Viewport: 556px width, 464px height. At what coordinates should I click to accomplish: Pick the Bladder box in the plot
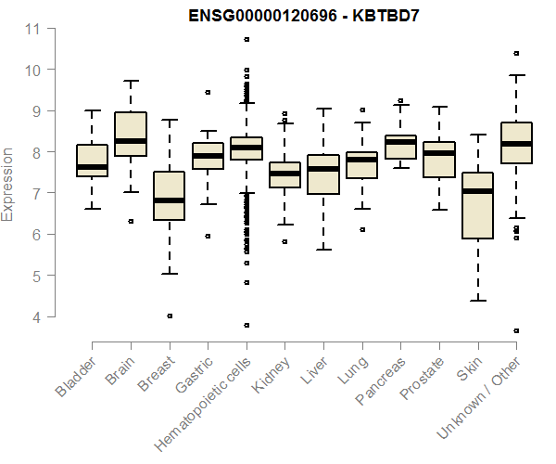point(92,161)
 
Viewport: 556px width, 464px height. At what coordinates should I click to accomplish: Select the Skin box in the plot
point(477,205)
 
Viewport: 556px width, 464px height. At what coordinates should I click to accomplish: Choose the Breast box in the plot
point(169,196)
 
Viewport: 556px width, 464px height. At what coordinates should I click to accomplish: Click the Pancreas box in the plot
point(400,147)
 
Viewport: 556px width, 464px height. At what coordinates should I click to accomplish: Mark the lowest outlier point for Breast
point(169,316)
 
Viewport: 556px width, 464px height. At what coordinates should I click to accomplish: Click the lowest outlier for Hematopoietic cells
point(246,325)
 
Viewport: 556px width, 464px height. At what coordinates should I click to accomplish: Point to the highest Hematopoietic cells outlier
point(246,39)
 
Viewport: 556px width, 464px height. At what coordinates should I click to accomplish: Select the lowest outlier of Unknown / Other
point(515,330)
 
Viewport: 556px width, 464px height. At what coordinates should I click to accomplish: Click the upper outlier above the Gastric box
point(208,92)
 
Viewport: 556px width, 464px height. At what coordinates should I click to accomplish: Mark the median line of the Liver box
point(323,169)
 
